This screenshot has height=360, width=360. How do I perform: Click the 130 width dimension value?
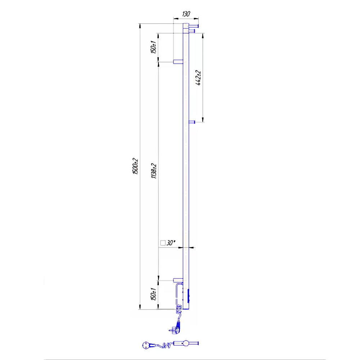click(x=186, y=14)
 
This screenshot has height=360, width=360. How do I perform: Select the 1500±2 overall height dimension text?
click(x=135, y=166)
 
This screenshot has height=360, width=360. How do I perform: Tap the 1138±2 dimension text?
click(x=154, y=171)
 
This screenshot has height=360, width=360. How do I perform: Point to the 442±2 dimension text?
click(x=198, y=78)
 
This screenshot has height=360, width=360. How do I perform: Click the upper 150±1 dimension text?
click(x=153, y=47)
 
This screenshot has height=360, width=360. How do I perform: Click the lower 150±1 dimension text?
click(x=153, y=294)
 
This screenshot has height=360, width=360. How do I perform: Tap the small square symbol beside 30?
click(x=163, y=243)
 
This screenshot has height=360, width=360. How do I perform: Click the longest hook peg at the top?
click(x=194, y=26)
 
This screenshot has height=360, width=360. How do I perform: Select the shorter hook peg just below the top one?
click(x=192, y=31)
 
